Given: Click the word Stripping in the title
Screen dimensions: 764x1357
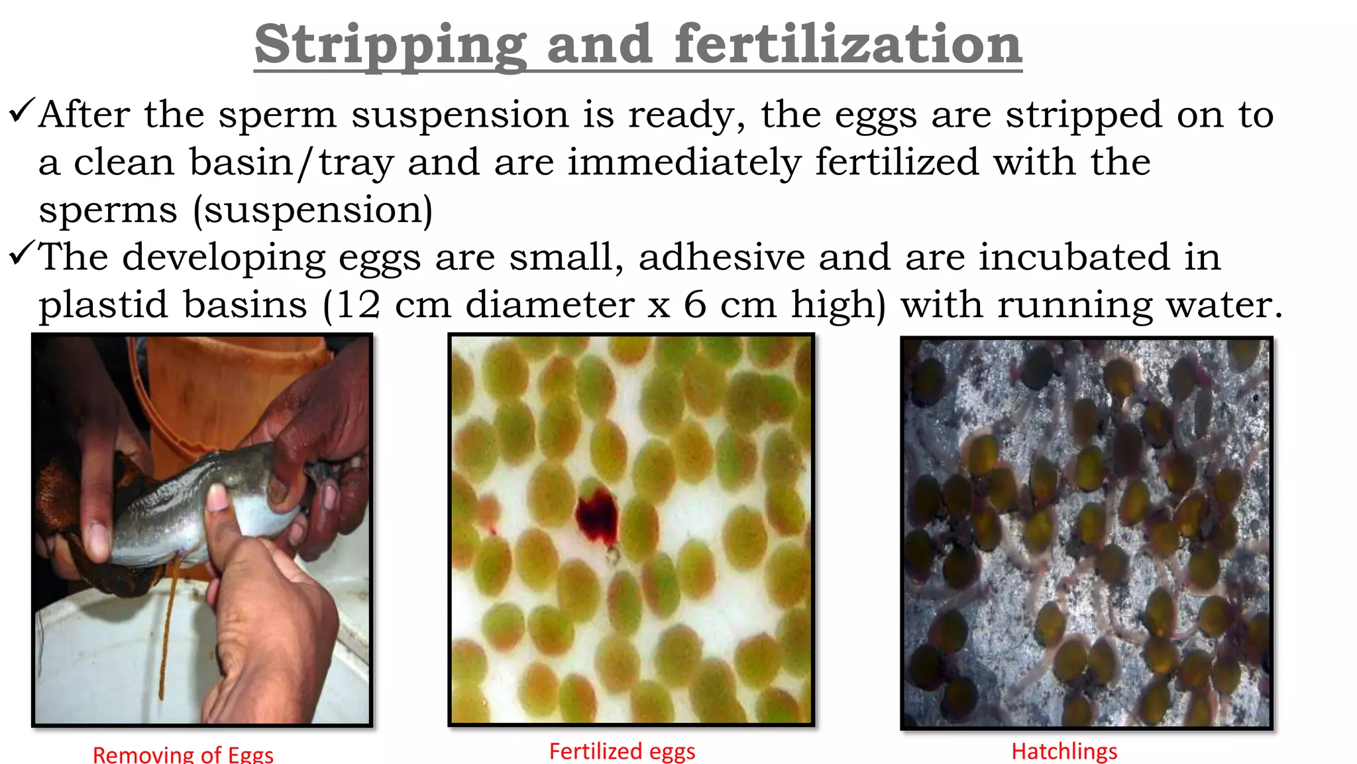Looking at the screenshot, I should click(390, 45).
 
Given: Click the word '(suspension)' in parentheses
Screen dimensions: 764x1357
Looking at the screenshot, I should click(313, 210).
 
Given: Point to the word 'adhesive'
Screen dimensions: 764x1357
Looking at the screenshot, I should click(721, 257).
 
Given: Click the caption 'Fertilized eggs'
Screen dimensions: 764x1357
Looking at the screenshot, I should click(622, 751).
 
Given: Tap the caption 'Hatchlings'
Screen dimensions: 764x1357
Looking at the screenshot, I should click(1064, 751).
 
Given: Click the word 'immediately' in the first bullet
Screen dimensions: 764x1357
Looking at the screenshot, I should click(684, 162).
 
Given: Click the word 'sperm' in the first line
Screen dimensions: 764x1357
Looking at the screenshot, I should click(277, 115).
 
